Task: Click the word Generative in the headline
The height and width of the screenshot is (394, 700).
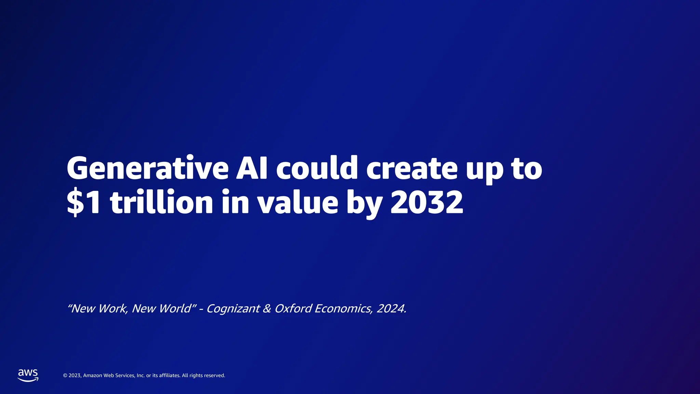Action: [147, 168]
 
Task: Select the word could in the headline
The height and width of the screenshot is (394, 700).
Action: [317, 168]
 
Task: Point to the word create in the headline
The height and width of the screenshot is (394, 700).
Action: [412, 168]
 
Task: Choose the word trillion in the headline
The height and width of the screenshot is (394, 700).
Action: [162, 202]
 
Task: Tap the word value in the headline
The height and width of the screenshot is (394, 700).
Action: [297, 202]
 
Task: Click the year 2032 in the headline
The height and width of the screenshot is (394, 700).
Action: [427, 202]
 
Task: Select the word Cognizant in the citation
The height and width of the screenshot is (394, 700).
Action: [233, 308]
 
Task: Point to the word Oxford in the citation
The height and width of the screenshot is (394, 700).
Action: [293, 308]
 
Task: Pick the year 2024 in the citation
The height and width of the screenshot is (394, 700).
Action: [391, 308]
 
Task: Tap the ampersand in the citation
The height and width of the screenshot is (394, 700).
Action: [267, 308]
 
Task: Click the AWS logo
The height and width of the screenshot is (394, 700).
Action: [28, 375]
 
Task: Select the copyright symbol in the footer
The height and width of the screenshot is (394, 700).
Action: [65, 376]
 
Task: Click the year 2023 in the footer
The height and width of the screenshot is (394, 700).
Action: [75, 376]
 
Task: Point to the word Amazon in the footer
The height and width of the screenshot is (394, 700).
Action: [93, 376]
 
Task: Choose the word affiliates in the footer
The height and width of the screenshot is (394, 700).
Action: [170, 376]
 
